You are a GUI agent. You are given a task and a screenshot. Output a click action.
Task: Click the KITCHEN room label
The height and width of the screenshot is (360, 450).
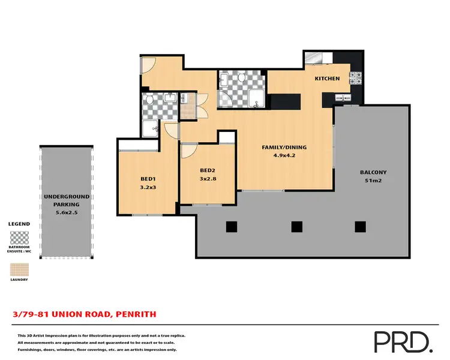pyautogui.click(x=328, y=79)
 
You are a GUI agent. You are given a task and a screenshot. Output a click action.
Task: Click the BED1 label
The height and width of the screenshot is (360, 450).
pyautogui.click(x=148, y=179)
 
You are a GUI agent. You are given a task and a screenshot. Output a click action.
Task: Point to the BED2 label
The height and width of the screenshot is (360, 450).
pyautogui.click(x=207, y=170)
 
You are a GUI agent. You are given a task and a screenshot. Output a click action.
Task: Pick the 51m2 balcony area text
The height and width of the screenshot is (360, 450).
pyautogui.click(x=373, y=181)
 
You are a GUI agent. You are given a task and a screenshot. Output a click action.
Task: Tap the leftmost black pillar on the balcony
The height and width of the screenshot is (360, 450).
pyautogui.click(x=231, y=226)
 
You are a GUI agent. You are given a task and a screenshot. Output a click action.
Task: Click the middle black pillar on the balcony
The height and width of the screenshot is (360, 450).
pyautogui.click(x=296, y=226)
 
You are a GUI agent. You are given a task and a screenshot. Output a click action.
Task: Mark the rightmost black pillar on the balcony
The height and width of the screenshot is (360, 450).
pyautogui.click(x=360, y=226)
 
